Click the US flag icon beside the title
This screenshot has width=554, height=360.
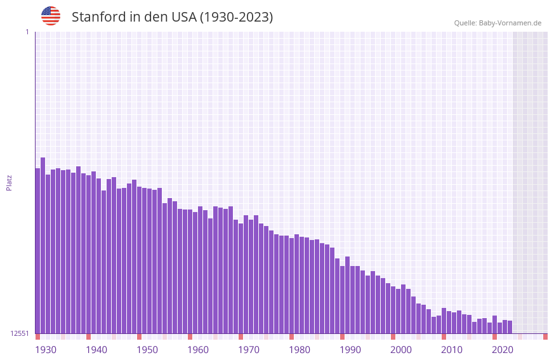[51, 16]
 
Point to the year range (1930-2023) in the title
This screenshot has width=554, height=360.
[237, 17]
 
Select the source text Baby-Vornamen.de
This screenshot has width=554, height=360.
[510, 23]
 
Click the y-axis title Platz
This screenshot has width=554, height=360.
[9, 182]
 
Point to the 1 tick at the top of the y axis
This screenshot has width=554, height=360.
[27, 32]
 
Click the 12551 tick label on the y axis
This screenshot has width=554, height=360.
[20, 333]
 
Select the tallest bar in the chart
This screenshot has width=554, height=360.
[43, 245]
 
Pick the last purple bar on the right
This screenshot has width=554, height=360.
[510, 327]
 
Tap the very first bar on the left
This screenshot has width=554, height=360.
[38, 251]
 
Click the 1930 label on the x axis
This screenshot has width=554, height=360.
[46, 350]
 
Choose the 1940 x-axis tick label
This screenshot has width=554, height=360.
[96, 350]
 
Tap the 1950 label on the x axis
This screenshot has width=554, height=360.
[147, 350]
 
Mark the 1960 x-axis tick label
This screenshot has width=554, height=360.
[198, 350]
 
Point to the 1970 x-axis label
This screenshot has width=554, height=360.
[249, 350]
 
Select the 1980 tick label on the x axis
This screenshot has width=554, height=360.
[300, 350]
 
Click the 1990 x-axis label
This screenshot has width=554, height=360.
[350, 350]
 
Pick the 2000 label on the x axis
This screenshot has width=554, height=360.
[401, 350]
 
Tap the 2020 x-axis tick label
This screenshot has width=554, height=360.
[503, 350]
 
